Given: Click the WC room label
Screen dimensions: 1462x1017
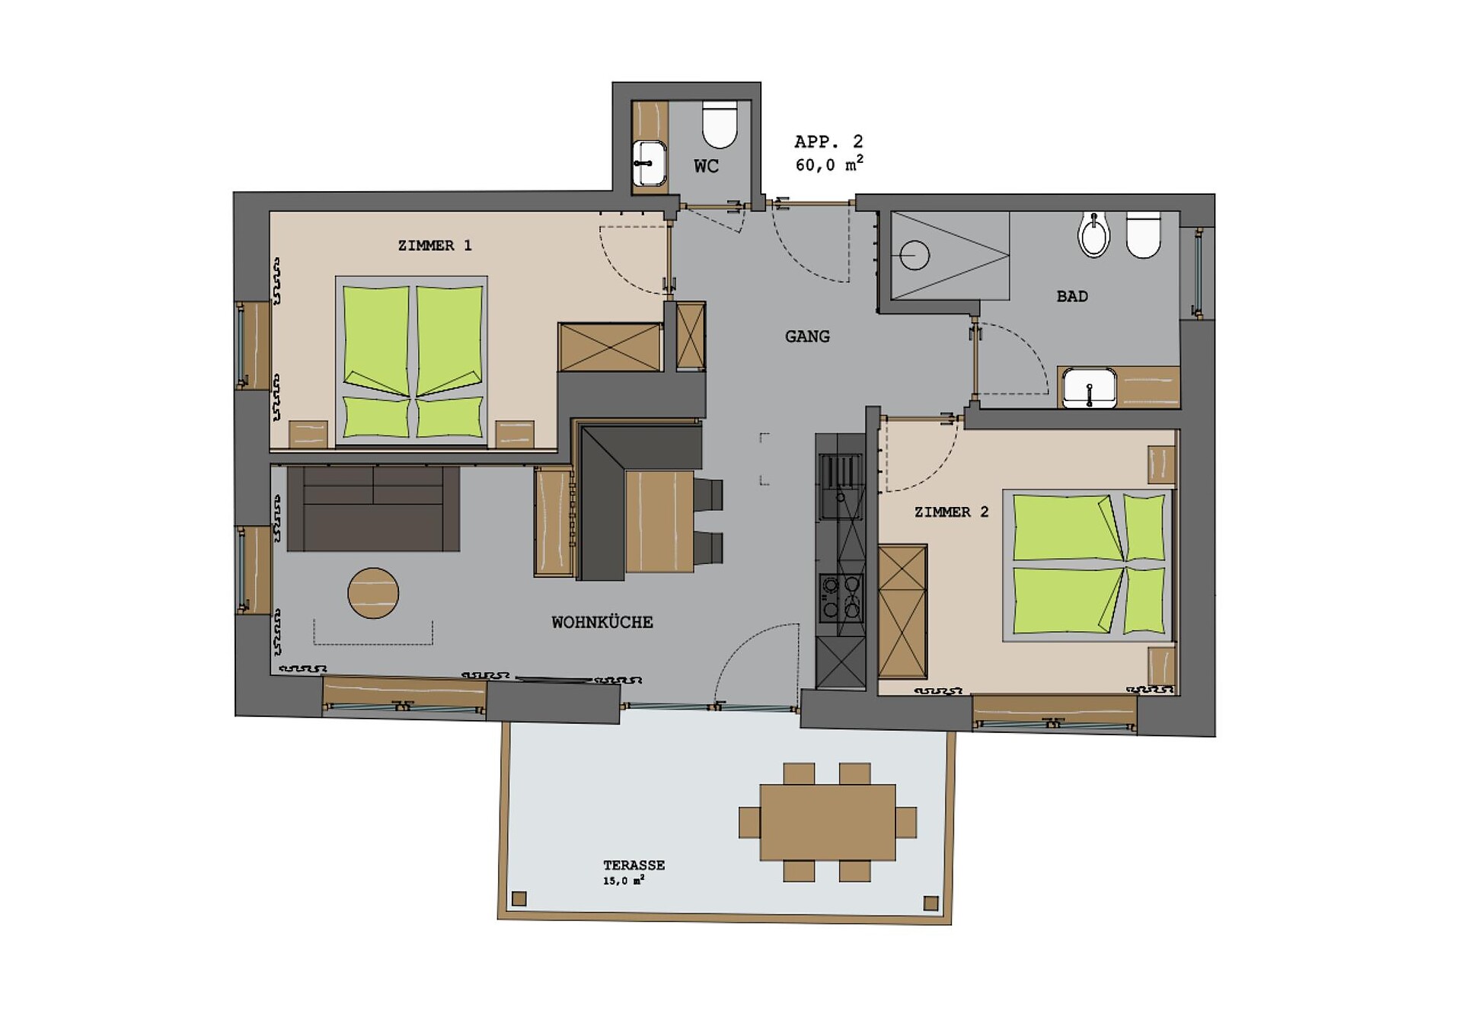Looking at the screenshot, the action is pyautogui.click(x=706, y=166).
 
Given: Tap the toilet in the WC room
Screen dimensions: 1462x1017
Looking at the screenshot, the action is pyautogui.click(x=720, y=124).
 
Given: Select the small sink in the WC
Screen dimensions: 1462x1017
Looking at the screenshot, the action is pyautogui.click(x=649, y=163).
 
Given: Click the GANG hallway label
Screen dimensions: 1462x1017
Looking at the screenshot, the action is pyautogui.click(x=807, y=336).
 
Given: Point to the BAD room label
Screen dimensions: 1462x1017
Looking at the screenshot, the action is pyautogui.click(x=1072, y=296).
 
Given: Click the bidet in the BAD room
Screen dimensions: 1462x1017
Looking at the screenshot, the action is pyautogui.click(x=1094, y=234).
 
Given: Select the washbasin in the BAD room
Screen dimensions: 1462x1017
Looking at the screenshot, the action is pyautogui.click(x=1090, y=387).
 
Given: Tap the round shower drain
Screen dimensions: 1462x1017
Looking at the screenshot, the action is pyautogui.click(x=915, y=256).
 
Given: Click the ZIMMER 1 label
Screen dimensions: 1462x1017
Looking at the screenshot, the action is pyautogui.click(x=435, y=245).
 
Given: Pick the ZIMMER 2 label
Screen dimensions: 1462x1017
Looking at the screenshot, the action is pyautogui.click(x=951, y=512).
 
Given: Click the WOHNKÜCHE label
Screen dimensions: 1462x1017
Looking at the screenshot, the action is pyautogui.click(x=602, y=622).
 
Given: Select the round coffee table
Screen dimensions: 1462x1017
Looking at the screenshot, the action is pyautogui.click(x=373, y=593).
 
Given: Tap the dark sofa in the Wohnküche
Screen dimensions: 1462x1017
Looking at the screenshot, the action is pyautogui.click(x=373, y=508).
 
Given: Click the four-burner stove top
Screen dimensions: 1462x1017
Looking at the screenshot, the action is pyautogui.click(x=841, y=598).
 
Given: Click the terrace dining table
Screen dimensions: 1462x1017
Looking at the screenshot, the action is pyautogui.click(x=828, y=822).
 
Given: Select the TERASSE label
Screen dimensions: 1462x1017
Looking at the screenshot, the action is pyautogui.click(x=634, y=865).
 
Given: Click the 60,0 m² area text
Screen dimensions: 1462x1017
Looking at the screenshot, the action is pyautogui.click(x=829, y=164).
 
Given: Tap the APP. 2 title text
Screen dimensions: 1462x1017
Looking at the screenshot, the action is pyautogui.click(x=828, y=142).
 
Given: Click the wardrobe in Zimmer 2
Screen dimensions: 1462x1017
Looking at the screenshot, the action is pyautogui.click(x=902, y=611).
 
